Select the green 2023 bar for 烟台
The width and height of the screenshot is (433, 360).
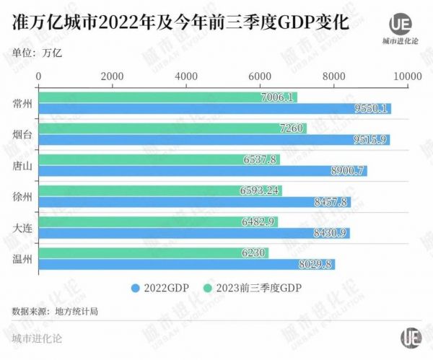[172, 128]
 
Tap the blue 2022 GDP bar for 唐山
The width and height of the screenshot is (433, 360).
[203, 171]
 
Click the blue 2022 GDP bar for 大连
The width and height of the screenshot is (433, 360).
[194, 233]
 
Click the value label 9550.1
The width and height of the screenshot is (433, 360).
[372, 109]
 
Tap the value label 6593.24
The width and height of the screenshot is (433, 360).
[258, 191]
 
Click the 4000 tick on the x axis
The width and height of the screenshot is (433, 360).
[186, 76]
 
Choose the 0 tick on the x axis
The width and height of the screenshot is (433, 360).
[39, 76]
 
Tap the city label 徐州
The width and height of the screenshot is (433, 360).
[22, 197]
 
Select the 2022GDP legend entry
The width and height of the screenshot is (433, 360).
[160, 288]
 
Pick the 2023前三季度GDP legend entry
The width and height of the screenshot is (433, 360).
[253, 288]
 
